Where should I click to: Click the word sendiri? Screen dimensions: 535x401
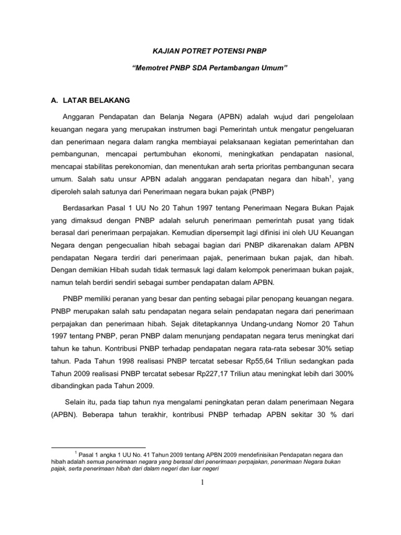pos(147,283)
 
